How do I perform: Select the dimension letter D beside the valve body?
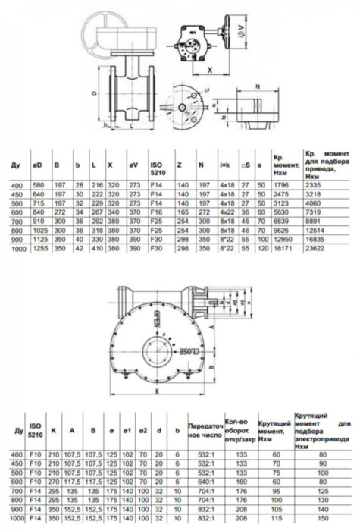point(94,95)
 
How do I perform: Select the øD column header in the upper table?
point(39,164)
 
